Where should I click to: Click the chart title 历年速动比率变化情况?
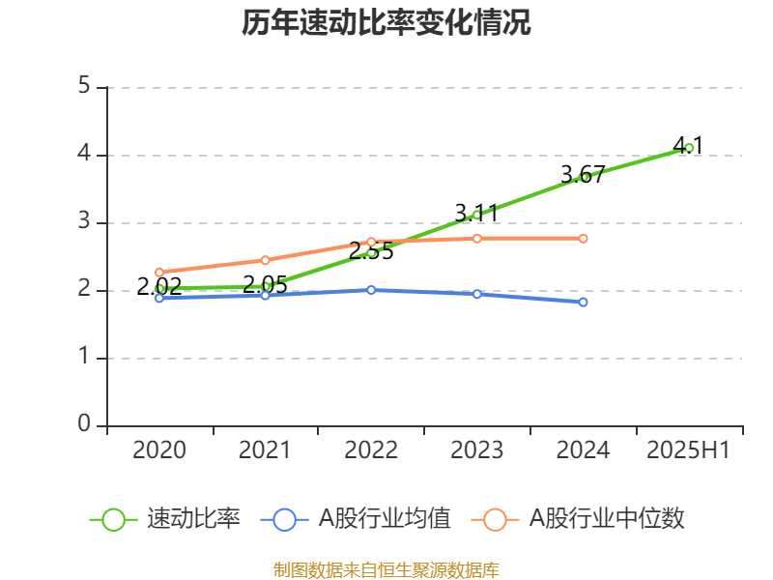pos(386,23)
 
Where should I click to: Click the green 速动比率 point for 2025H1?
pos(689,148)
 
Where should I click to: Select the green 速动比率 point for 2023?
pos(476,215)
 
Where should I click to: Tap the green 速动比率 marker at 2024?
pos(584,177)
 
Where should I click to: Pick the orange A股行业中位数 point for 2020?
pos(159,272)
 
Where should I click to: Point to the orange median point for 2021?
pos(265,259)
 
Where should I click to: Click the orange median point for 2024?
pos(583,238)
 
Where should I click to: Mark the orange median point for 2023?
pos(476,238)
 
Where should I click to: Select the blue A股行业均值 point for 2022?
pos(371,290)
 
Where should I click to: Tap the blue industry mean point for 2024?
pos(583,303)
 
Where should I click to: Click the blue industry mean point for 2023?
pos(476,294)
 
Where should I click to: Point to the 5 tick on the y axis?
pos(84,87)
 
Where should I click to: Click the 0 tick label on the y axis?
pos(84,425)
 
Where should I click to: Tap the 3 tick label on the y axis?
pos(84,222)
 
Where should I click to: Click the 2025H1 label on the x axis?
pos(689,450)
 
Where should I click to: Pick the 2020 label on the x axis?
pos(159,450)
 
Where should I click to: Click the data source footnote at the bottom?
pos(386,569)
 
